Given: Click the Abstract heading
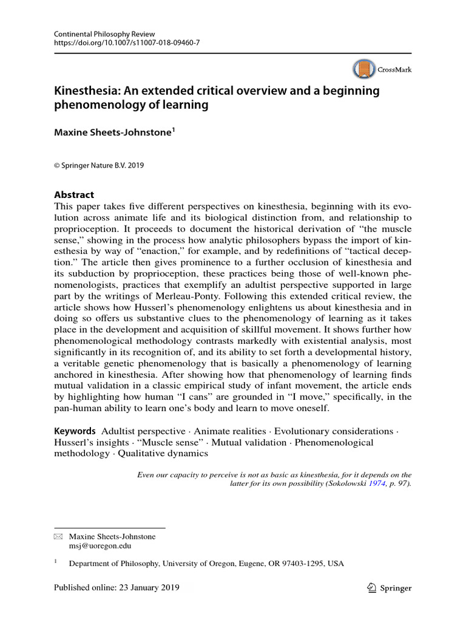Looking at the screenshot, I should click(74, 195).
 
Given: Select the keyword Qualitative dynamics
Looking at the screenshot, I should click(163, 453).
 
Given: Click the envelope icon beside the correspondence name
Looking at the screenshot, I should click(58, 537).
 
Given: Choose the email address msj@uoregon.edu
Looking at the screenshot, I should click(100, 546).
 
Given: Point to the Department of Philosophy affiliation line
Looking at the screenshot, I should click(206, 564).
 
